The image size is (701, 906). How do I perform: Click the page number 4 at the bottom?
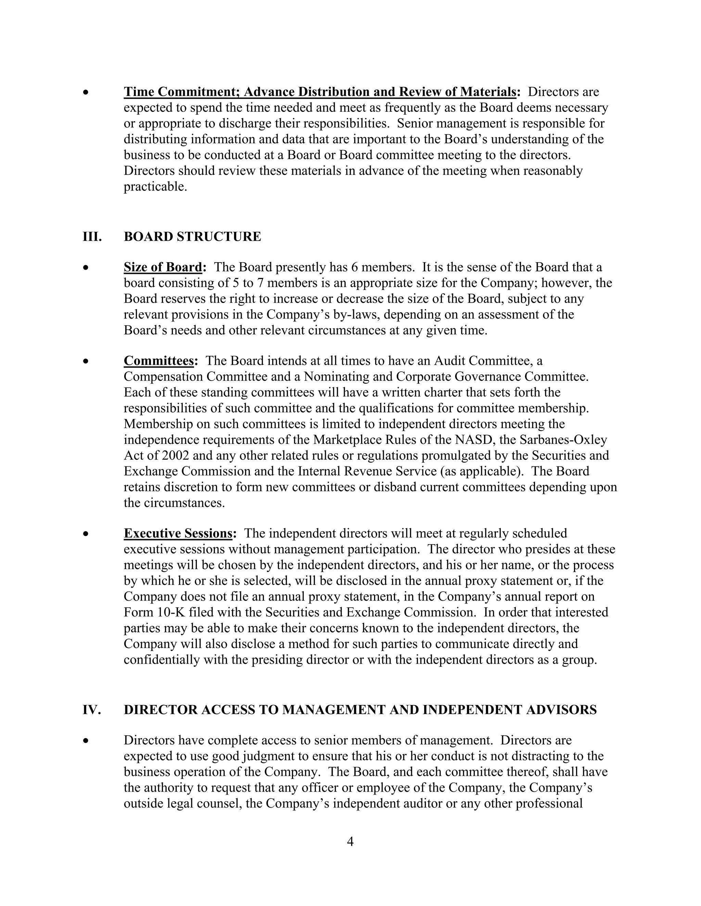click(x=350, y=842)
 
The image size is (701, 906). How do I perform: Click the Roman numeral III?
click(x=92, y=237)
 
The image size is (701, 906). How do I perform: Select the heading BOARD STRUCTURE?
click(x=192, y=237)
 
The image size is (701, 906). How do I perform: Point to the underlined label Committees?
click(x=158, y=361)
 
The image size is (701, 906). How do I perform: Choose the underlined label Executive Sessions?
click(x=178, y=533)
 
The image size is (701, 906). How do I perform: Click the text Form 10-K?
click(x=150, y=612)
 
